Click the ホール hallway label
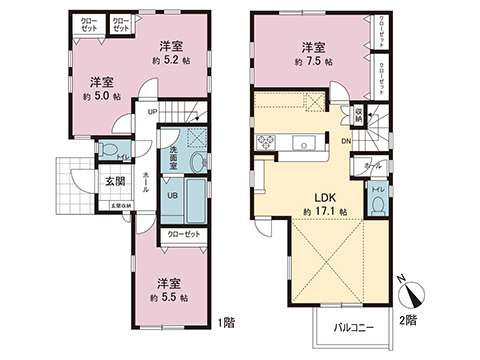147,186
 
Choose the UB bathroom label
173,196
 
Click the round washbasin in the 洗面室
197,162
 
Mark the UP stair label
151,112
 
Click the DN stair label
346,142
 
